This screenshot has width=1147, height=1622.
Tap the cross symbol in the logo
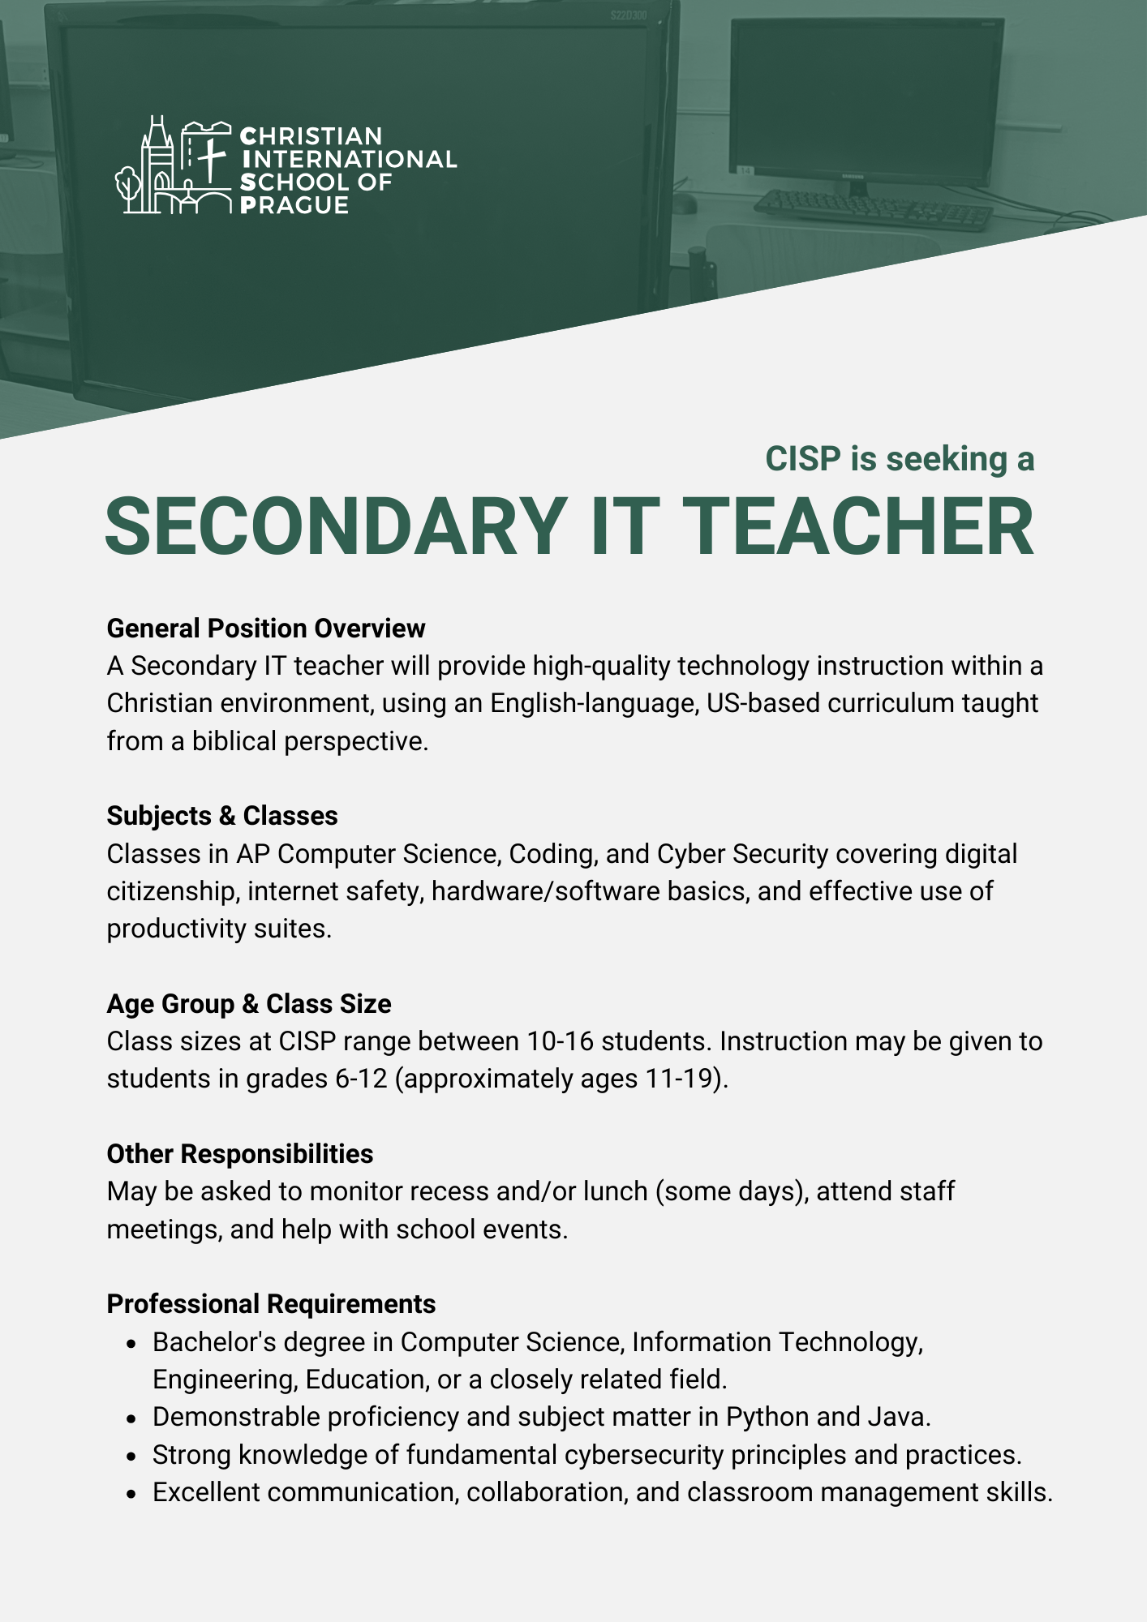coord(210,159)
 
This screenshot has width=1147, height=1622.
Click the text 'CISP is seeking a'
coord(900,459)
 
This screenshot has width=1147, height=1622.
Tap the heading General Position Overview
coord(266,629)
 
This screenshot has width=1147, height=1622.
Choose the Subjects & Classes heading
coord(222,816)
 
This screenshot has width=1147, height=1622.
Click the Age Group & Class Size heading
coord(249,1004)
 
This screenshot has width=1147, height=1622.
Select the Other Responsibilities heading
coord(240,1154)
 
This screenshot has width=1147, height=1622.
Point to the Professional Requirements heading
coord(271,1304)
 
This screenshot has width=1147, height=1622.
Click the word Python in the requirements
coord(767,1417)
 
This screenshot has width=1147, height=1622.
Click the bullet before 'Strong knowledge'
coord(131,1457)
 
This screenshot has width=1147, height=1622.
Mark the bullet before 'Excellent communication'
coord(131,1494)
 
